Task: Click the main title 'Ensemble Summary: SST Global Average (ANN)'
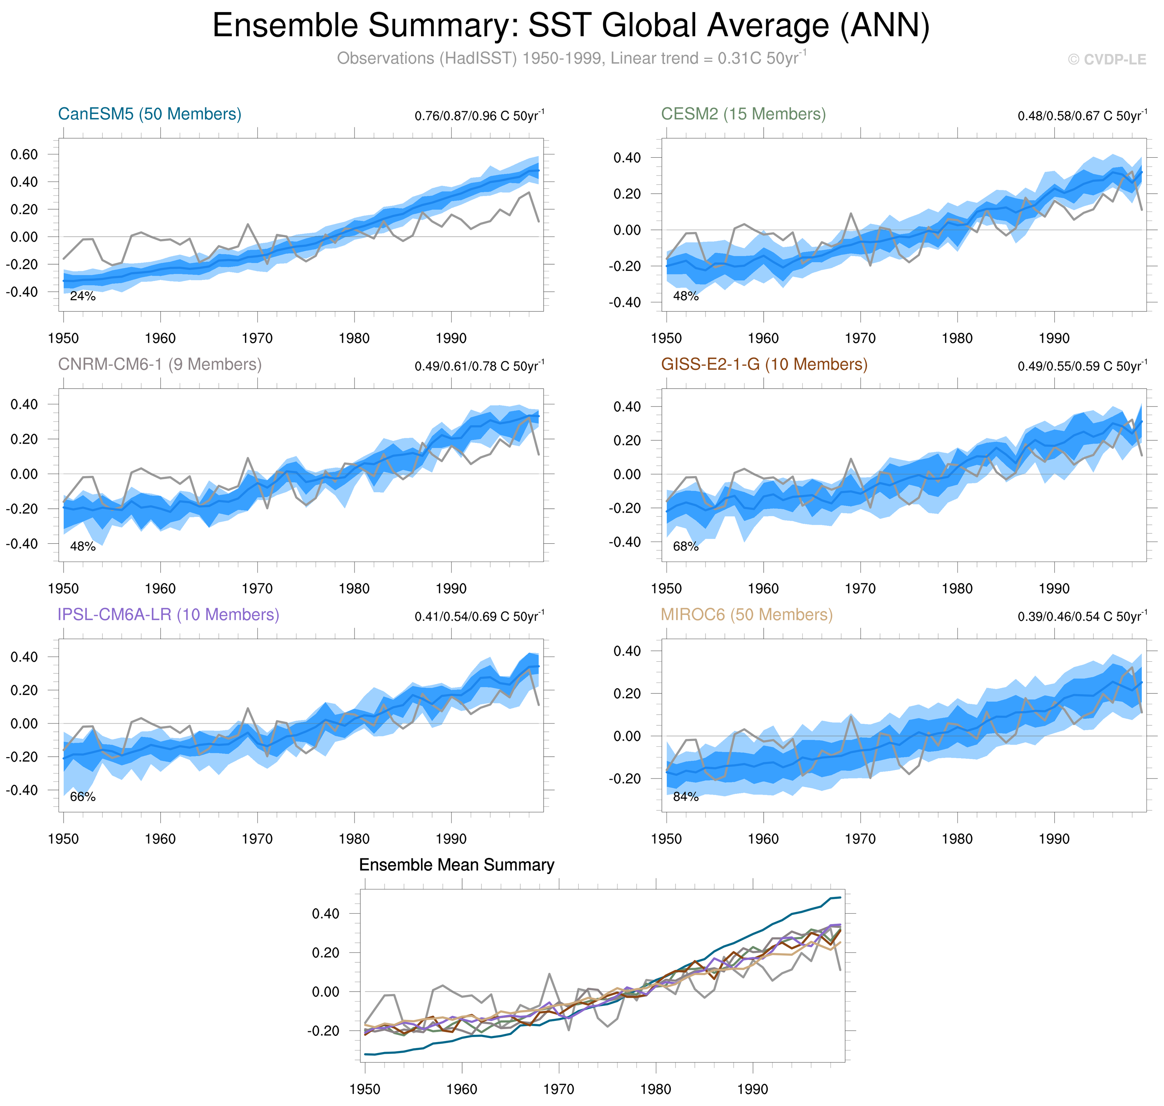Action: pyautogui.click(x=570, y=26)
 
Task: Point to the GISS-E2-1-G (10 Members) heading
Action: pyautogui.click(x=764, y=364)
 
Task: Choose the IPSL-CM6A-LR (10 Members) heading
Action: pyautogui.click(x=168, y=614)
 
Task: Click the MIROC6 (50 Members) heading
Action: pyautogui.click(x=746, y=614)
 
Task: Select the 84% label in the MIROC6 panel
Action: pyautogui.click(x=685, y=797)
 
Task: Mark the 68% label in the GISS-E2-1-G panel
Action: pyautogui.click(x=685, y=547)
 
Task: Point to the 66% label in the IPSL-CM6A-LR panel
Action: pyautogui.click(x=83, y=797)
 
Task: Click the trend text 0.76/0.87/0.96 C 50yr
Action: pyautogui.click(x=479, y=115)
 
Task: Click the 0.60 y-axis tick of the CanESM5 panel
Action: pyautogui.click(x=24, y=154)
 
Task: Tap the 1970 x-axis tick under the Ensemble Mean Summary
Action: pyautogui.click(x=558, y=1089)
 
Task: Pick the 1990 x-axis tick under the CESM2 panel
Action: pyautogui.click(x=1054, y=339)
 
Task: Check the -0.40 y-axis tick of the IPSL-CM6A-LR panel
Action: pyautogui.click(x=22, y=790)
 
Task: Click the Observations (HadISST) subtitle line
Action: pyautogui.click(x=570, y=58)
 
